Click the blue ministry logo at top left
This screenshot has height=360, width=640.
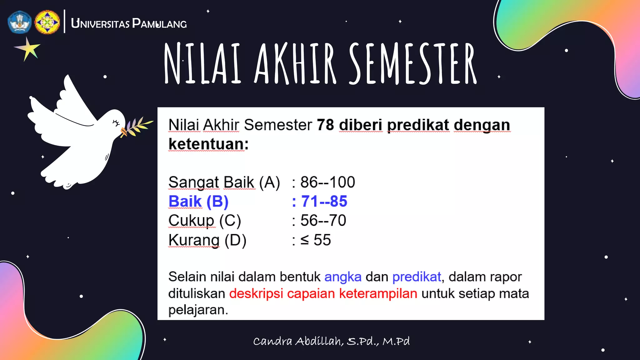tap(20, 22)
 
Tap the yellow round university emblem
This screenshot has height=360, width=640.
tap(47, 22)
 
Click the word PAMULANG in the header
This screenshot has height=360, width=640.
tap(159, 24)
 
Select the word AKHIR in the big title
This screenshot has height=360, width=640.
tap(295, 64)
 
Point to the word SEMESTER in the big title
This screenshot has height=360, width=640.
tap(412, 64)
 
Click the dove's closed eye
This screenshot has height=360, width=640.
tap(116, 123)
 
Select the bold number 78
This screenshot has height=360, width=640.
tap(325, 125)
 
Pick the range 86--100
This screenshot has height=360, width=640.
tap(327, 182)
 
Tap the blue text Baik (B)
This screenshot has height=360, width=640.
tap(198, 202)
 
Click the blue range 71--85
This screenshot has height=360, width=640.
tap(324, 202)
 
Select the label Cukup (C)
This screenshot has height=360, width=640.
tap(205, 221)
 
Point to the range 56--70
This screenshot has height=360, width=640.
tap(323, 221)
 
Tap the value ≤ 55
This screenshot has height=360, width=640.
tap(315, 240)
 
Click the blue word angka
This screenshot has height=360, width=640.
tap(343, 277)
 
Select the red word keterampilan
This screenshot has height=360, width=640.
tap(378, 294)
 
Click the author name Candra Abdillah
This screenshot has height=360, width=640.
tap(298, 341)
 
